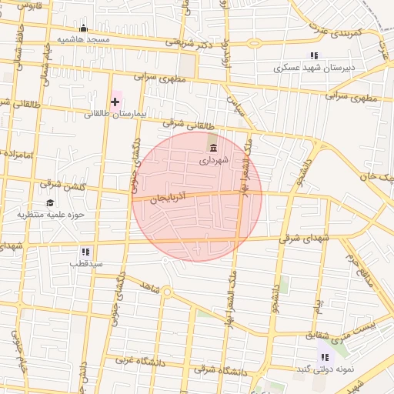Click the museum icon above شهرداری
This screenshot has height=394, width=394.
point(212,148)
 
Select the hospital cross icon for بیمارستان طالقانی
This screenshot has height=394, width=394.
point(115,101)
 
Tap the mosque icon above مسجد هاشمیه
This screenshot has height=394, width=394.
point(83,28)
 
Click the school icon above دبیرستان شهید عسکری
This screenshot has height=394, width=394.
point(314,55)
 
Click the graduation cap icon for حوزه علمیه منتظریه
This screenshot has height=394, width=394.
point(51,203)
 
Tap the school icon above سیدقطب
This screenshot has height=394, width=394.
point(85,252)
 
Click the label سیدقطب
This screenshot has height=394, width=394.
point(85,264)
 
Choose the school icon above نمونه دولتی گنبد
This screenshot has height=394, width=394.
point(325,357)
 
